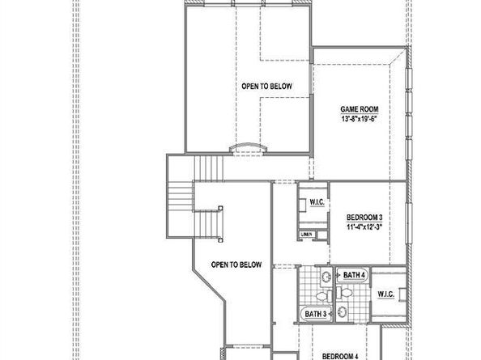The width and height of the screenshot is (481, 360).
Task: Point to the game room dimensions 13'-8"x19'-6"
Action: (360, 118)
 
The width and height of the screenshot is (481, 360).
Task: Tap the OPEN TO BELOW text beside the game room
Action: (266, 86)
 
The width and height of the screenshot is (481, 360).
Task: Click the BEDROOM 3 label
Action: (364, 217)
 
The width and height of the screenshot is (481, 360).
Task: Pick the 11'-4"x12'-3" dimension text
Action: (364, 227)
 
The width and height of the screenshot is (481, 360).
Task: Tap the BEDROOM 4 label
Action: (340, 355)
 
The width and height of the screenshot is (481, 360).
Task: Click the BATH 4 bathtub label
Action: (354, 276)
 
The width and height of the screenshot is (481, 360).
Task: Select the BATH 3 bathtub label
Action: (315, 313)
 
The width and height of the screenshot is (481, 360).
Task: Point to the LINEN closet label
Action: (306, 235)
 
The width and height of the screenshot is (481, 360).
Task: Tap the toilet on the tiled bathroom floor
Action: (322, 277)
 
